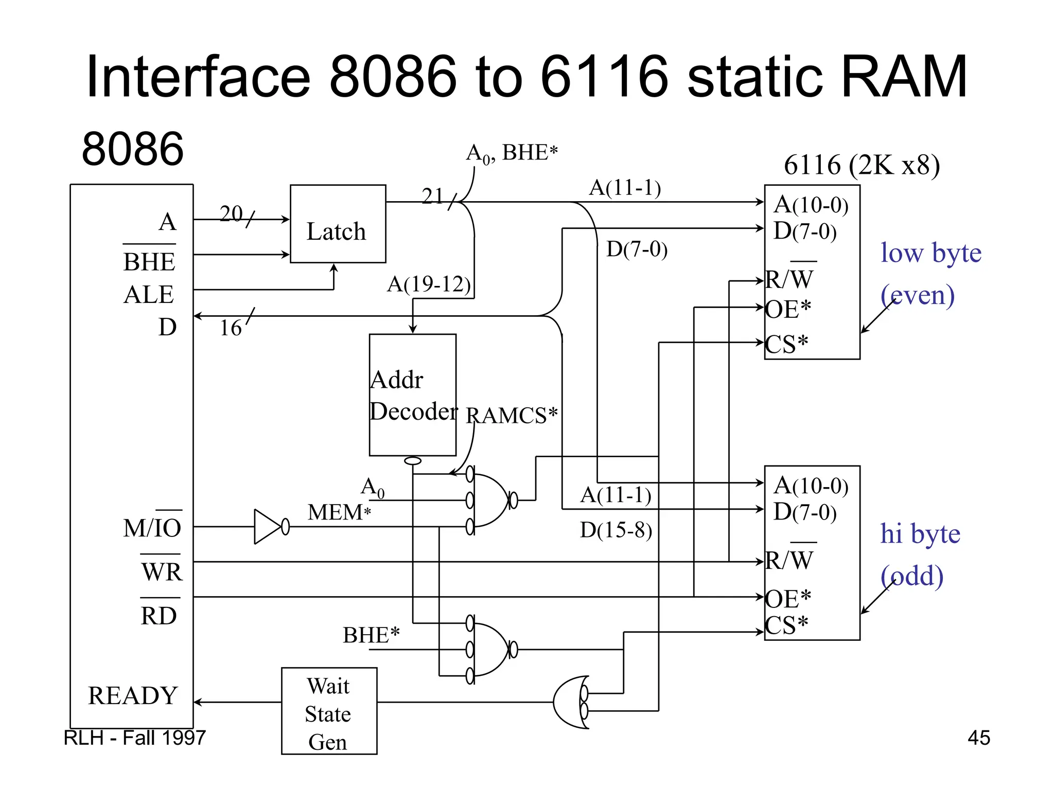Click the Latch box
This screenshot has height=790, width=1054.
(338, 224)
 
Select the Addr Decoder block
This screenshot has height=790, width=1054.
(412, 395)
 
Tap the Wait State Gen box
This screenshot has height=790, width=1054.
(329, 711)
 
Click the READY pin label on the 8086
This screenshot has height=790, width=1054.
(133, 695)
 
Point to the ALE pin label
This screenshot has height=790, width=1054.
(149, 295)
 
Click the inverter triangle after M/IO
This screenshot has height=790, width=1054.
(268, 527)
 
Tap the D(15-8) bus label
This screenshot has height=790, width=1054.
(616, 530)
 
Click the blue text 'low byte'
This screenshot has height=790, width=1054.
(930, 253)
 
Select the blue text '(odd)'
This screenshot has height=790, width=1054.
(911, 576)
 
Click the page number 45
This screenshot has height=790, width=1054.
(978, 738)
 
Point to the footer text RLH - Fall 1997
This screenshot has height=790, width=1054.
(134, 738)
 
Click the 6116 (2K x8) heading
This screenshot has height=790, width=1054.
(862, 165)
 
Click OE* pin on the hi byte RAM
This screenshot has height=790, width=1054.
(787, 598)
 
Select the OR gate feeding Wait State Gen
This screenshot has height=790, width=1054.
(570, 702)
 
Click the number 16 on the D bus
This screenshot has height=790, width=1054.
(230, 328)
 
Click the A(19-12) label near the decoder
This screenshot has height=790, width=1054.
(429, 284)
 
